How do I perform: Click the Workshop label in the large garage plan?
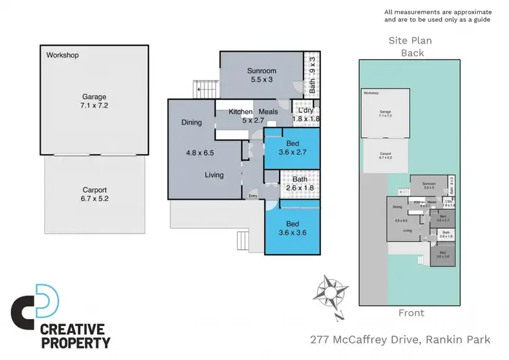point(62,55)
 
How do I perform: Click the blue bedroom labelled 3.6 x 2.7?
point(292,149)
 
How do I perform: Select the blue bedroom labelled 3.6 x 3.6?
point(292,229)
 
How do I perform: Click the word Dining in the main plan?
point(192,123)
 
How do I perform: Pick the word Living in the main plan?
point(215,175)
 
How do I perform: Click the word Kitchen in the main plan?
point(240,112)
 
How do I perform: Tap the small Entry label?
point(252,196)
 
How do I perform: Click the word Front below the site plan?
point(411,313)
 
